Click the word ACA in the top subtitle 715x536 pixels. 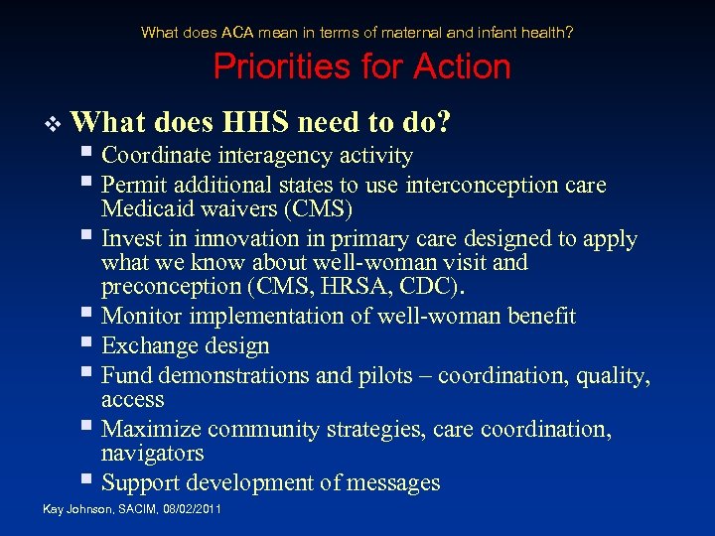246,33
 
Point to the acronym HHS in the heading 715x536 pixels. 257,122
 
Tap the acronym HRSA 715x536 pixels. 405,287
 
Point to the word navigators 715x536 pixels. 153,454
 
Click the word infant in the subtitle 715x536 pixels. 465,33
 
